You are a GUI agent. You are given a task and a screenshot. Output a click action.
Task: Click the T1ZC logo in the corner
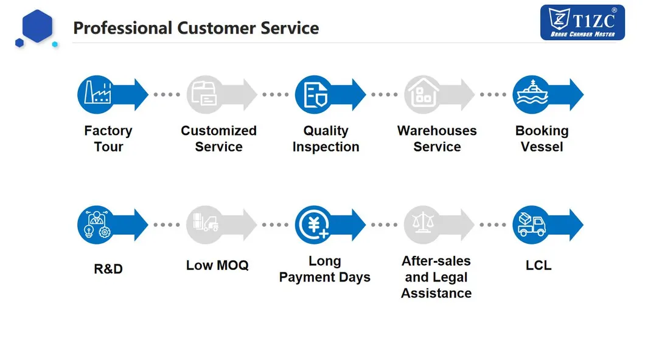pos(582,22)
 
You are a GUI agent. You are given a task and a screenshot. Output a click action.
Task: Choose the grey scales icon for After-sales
pos(423,225)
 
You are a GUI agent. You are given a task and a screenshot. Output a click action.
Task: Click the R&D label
pos(108,268)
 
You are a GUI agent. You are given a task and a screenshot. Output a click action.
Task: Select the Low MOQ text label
pos(217,265)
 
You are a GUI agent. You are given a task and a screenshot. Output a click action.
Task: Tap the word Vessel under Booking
pos(542,147)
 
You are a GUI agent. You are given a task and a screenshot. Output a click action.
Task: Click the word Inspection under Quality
pos(326,147)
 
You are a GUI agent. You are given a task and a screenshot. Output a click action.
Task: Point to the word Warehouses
pos(436,131)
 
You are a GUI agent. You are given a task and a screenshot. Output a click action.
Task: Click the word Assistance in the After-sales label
pos(436,293)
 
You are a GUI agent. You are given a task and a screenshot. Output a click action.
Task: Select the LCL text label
pos(539,265)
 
